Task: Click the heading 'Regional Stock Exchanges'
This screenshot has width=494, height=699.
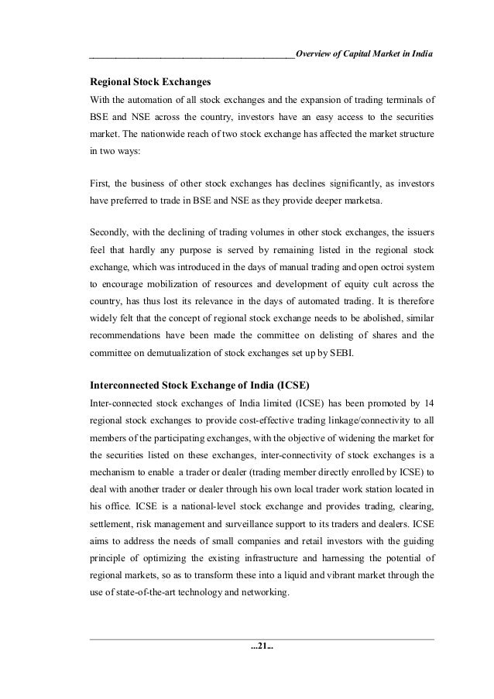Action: coord(150,81)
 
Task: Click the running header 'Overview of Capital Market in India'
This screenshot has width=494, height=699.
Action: coord(364,54)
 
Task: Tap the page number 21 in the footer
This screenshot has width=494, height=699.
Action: coord(262,663)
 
